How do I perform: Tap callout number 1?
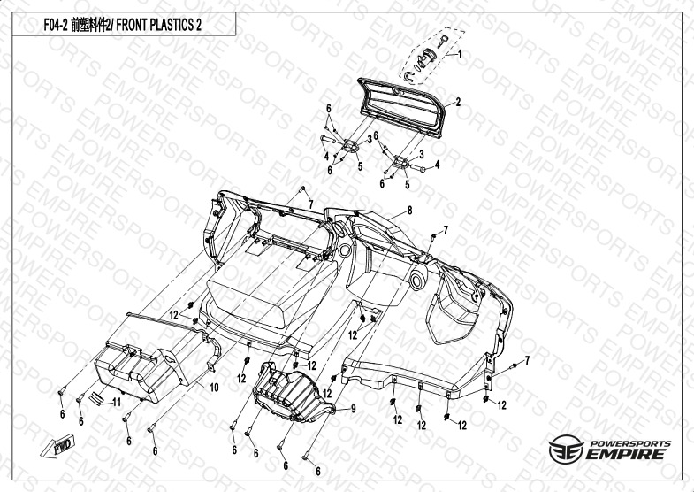click(459, 55)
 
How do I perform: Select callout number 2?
click(459, 103)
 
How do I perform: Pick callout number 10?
click(213, 387)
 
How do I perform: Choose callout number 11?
click(114, 402)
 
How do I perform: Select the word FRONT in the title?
click(130, 25)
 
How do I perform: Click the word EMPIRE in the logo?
click(624, 453)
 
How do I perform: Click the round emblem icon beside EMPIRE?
click(562, 450)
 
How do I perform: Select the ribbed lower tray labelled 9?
click(289, 391)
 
